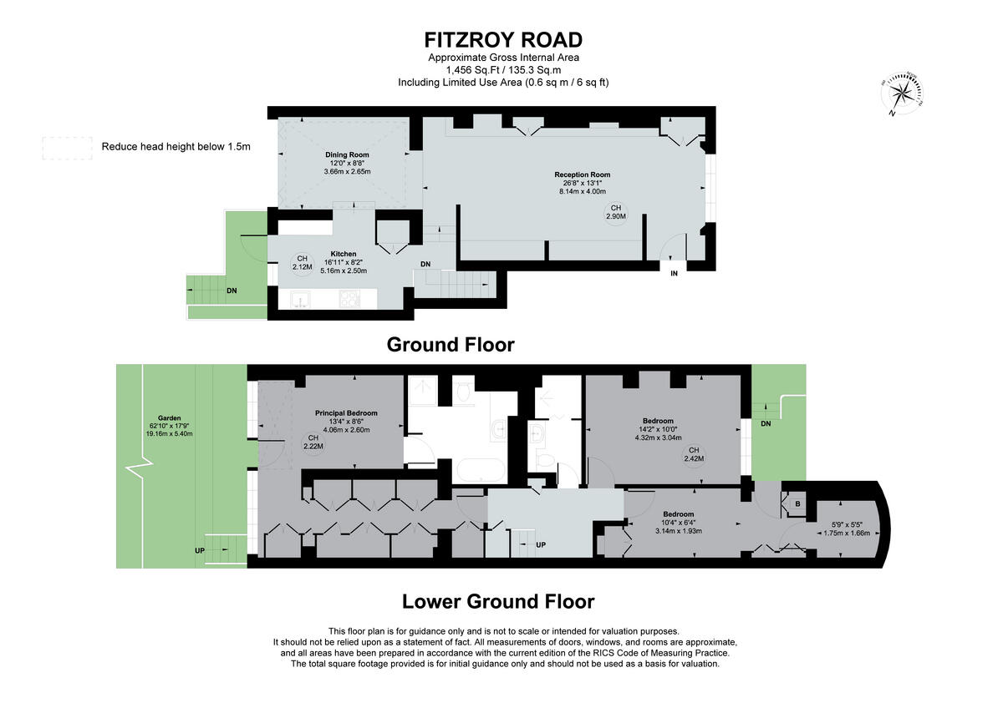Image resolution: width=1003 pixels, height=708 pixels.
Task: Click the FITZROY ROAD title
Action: (503, 39)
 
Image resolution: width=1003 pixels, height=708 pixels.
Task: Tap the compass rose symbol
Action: (903, 93)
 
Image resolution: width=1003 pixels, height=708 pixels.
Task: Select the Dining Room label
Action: (347, 155)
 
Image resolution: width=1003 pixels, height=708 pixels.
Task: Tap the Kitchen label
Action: (344, 254)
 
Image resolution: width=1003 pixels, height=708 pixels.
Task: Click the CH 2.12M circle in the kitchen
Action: (303, 263)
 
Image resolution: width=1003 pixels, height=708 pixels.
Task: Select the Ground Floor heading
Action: (450, 344)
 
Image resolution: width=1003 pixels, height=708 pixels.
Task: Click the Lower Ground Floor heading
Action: (498, 601)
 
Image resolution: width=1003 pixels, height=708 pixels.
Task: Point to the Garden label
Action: (170, 418)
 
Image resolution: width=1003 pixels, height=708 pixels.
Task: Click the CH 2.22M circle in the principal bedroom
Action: (314, 442)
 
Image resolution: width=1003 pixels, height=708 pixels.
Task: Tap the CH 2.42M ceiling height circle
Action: (694, 453)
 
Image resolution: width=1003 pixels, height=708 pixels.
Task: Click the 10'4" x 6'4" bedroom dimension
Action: (678, 523)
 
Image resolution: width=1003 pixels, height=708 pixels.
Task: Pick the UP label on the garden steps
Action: (199, 551)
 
